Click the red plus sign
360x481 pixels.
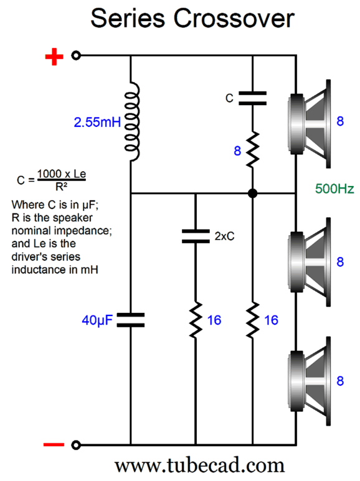[x=54, y=57]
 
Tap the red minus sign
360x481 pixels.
[x=54, y=444]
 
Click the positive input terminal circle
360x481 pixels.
[x=76, y=55]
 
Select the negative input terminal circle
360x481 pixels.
[x=76, y=445]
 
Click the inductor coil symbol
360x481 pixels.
[x=131, y=121]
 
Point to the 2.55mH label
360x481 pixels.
[x=97, y=122]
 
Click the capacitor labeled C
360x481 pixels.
[x=252, y=98]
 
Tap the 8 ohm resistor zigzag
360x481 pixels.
[x=252, y=150]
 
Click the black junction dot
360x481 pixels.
[x=252, y=194]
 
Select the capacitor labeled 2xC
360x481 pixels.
[x=196, y=236]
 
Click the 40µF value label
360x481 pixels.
[x=97, y=320]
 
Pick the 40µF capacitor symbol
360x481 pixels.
[x=131, y=320]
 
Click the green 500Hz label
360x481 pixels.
[x=334, y=189]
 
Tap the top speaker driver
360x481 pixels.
[x=310, y=124]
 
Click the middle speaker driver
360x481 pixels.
[x=310, y=262]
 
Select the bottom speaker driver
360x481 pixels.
[x=310, y=381]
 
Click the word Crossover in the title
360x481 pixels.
[x=234, y=19]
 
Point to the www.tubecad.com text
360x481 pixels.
[x=200, y=465]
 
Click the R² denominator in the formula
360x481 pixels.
[x=62, y=186]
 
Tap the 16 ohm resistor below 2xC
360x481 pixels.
[x=196, y=320]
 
